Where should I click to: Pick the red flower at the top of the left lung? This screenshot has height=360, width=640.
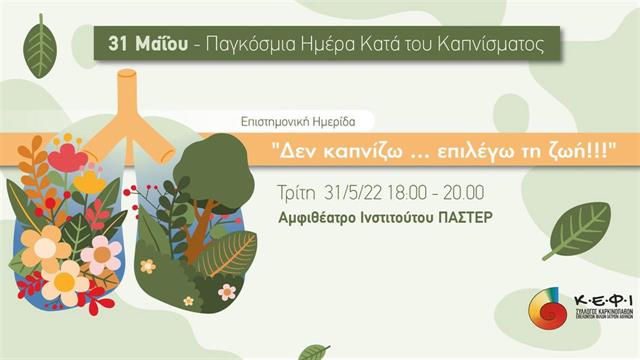pyautogui.click(x=65, y=157)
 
